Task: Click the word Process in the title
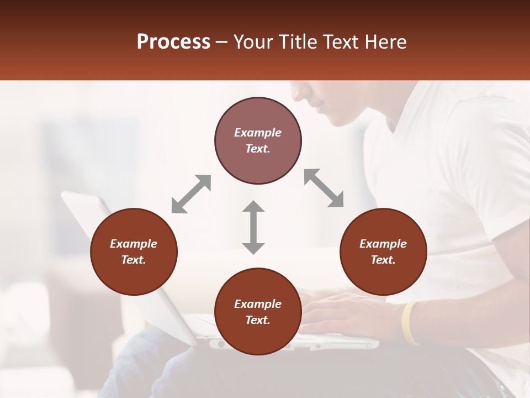click(173, 42)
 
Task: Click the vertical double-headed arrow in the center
click(253, 227)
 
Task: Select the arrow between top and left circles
click(191, 193)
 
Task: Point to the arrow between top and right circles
click(324, 188)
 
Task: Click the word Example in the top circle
click(258, 133)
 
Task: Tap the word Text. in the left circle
click(134, 260)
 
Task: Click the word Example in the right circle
click(383, 244)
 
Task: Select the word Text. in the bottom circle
click(258, 320)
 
